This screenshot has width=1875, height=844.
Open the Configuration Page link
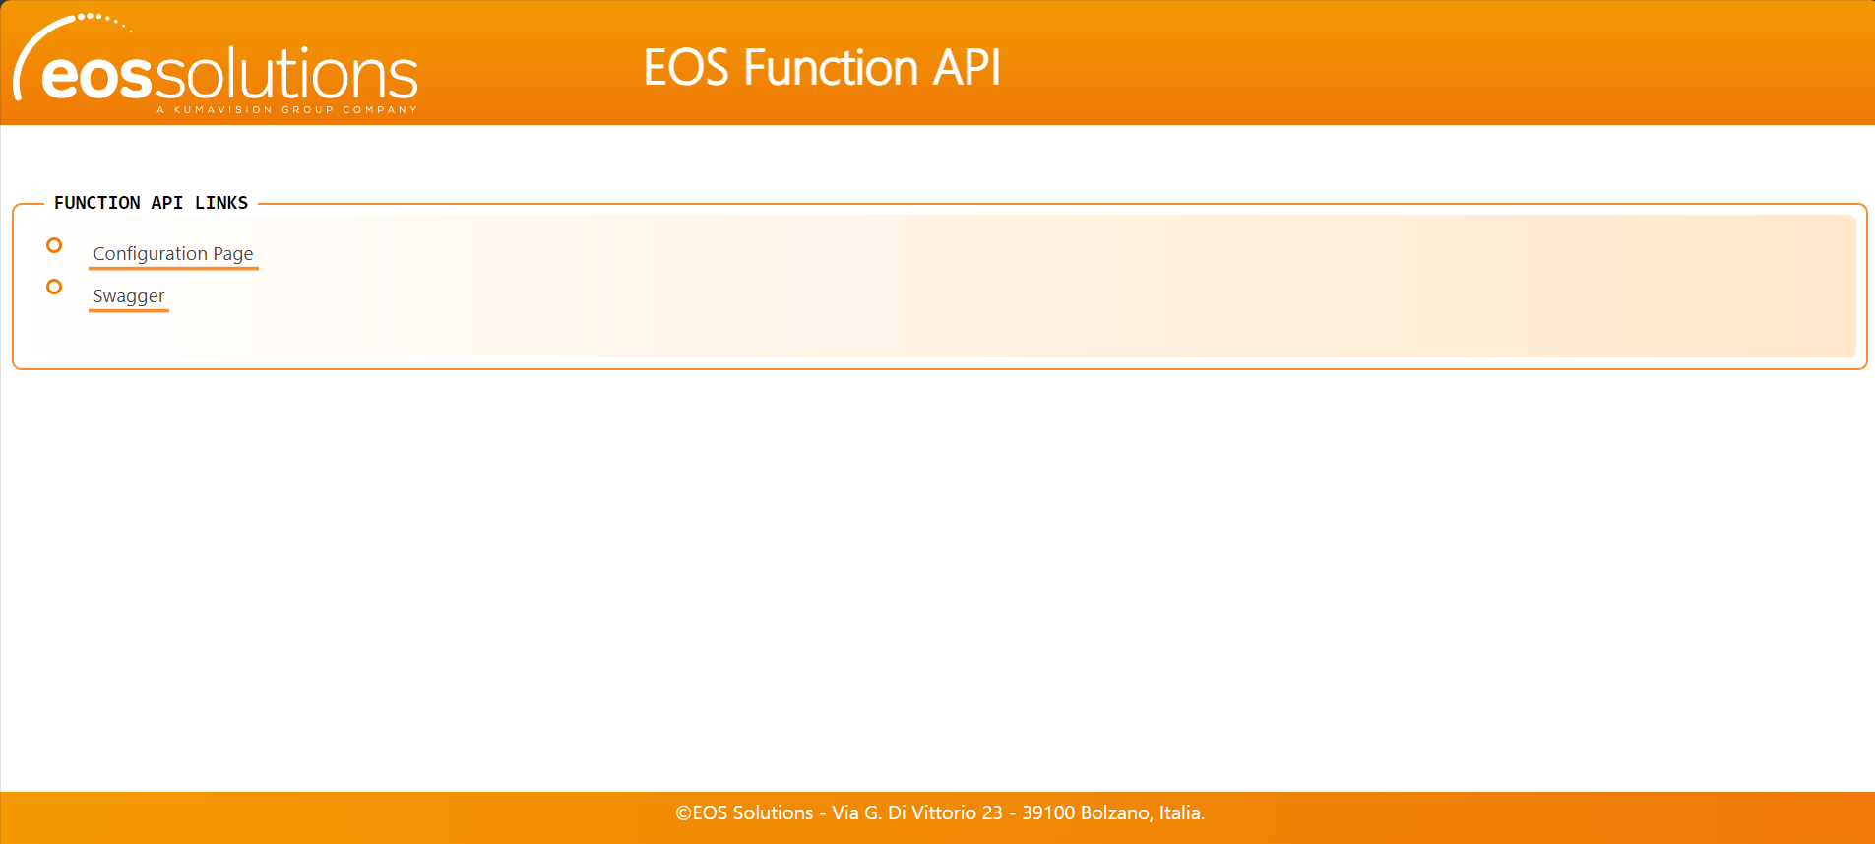(173, 254)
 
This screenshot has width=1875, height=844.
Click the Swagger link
(129, 296)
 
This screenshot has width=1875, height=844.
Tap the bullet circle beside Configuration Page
(54, 245)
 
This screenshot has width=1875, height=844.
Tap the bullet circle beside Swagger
(54, 287)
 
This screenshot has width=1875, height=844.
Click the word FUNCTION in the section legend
(97, 203)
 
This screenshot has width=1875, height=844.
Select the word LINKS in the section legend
(221, 203)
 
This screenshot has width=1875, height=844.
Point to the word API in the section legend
(167, 203)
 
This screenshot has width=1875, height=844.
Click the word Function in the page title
(831, 68)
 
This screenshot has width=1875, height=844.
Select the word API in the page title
(967, 68)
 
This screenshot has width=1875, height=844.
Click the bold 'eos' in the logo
(96, 77)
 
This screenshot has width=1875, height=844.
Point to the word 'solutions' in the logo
(286, 74)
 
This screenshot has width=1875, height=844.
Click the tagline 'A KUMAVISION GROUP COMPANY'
(286, 110)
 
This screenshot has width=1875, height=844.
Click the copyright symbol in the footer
(683, 813)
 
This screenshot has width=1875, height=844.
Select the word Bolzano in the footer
(1116, 813)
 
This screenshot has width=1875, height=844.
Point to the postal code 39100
(1048, 813)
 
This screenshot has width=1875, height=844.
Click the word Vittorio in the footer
(944, 813)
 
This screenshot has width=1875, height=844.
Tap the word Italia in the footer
(1181, 813)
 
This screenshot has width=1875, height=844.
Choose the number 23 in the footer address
(992, 813)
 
